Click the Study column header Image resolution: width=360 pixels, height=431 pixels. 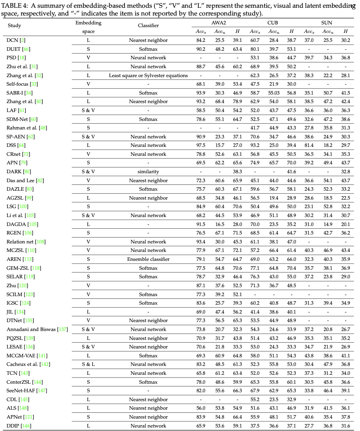(14, 26)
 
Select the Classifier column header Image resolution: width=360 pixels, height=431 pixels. (148, 26)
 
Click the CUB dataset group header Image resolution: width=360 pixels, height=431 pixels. (273, 23)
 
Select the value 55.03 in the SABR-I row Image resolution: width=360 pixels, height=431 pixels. (274, 93)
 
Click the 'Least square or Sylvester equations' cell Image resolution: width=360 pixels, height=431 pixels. (148, 75)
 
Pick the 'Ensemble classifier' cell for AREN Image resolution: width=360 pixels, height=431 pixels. (148, 259)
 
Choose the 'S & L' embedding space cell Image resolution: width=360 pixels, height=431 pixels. (88, 364)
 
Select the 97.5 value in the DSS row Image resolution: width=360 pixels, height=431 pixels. (201, 145)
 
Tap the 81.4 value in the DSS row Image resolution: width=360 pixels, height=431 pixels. (309, 145)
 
